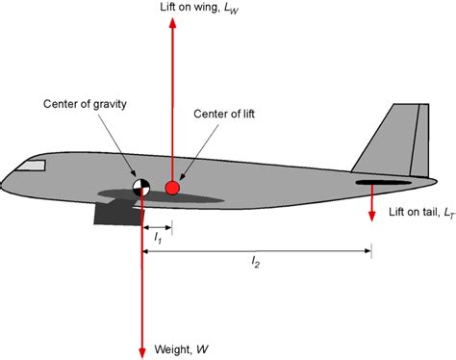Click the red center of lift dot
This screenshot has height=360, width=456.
pos(172,188)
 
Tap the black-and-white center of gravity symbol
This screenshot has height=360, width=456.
pos(141,188)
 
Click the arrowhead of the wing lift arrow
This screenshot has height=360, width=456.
pos(172,26)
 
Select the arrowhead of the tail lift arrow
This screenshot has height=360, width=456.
pos(371,215)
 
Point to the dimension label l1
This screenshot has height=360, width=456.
pos(157,239)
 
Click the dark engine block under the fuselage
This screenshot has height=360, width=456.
pos(115,213)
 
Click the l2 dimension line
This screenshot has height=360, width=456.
pos(289,252)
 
